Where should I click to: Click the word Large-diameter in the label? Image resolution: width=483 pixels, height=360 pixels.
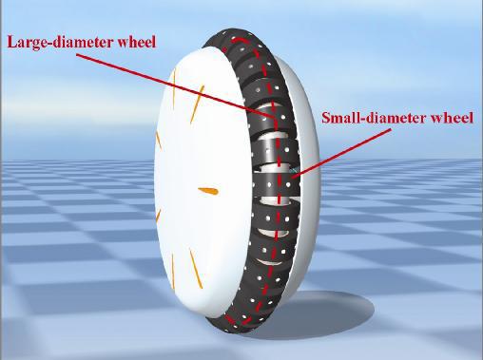[61, 42]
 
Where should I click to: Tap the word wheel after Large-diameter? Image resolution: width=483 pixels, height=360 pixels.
[137, 42]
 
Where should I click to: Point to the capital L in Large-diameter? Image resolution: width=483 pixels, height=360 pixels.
[11, 42]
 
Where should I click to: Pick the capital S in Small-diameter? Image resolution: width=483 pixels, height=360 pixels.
[326, 118]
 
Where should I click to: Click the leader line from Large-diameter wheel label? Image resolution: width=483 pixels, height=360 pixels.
[175, 85]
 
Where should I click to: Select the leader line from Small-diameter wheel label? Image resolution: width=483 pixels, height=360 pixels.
[340, 152]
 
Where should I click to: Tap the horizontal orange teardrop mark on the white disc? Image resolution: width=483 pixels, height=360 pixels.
[208, 191]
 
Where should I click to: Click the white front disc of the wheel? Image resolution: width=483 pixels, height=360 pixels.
[203, 182]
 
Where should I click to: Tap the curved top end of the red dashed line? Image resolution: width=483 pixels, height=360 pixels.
[236, 40]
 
